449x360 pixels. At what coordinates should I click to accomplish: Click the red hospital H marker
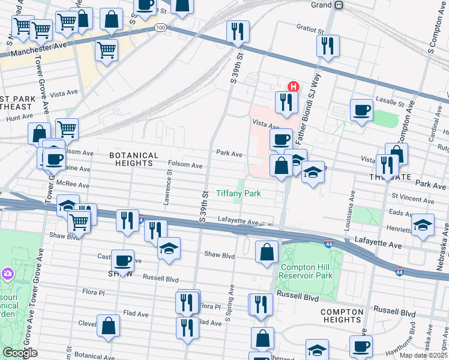pyautogui.click(x=293, y=86)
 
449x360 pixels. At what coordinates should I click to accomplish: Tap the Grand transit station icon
pyautogui.click(x=339, y=5)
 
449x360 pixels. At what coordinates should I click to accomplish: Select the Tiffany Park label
pyautogui.click(x=238, y=194)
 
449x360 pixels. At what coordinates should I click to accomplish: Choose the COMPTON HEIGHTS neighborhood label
pyautogui.click(x=342, y=316)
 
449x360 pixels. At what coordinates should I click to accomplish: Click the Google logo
pyautogui.click(x=20, y=352)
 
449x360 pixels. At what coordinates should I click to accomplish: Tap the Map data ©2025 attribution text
pyautogui.click(x=423, y=356)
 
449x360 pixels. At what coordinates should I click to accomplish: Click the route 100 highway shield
pyautogui.click(x=160, y=28)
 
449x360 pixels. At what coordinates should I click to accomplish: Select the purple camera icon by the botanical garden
pyautogui.click(x=7, y=274)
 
